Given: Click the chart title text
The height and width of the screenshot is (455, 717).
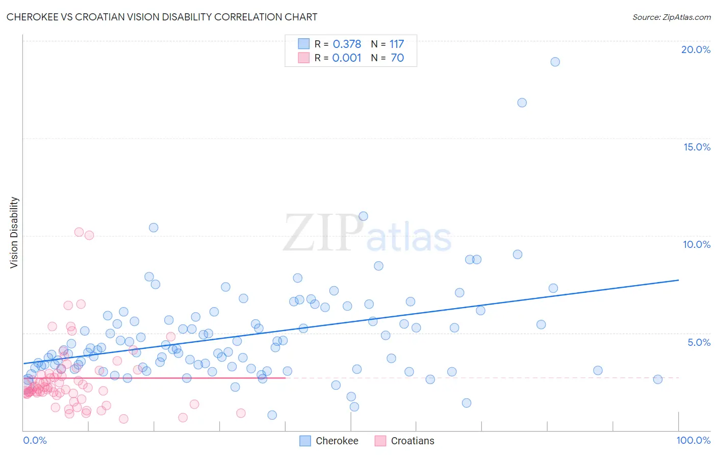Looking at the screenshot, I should click(x=162, y=17).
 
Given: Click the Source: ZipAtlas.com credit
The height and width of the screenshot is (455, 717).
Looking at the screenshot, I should click(x=671, y=17).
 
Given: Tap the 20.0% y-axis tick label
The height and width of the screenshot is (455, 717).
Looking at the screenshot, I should click(x=696, y=49).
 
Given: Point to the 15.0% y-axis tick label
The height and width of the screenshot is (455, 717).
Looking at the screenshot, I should click(x=697, y=147).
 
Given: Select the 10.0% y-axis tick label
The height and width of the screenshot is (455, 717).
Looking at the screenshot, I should click(x=697, y=244).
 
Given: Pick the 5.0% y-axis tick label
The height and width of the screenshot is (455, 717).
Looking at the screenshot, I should click(x=699, y=342).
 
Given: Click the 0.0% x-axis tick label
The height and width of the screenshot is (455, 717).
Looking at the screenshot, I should click(x=35, y=440).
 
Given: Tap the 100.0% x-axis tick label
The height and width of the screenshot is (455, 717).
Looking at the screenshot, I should click(x=693, y=440).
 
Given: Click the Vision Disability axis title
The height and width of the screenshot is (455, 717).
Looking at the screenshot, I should click(x=14, y=232).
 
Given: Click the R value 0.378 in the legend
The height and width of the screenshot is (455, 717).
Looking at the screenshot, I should click(x=347, y=44).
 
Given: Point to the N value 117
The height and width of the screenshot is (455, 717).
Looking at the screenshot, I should click(x=396, y=44).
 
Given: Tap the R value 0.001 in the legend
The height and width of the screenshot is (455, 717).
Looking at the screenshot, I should click(x=347, y=58).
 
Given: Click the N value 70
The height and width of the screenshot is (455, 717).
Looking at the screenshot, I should click(x=397, y=58).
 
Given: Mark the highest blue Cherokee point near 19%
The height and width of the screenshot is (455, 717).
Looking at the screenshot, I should click(x=555, y=62).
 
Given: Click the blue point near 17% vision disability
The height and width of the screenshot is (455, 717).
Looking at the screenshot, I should click(x=522, y=103).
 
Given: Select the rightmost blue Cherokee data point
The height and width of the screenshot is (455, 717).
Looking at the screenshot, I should click(x=657, y=379).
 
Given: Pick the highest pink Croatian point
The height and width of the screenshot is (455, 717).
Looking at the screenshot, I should click(x=79, y=232).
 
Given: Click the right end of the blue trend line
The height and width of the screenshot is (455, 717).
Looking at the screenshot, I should click(x=678, y=280).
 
